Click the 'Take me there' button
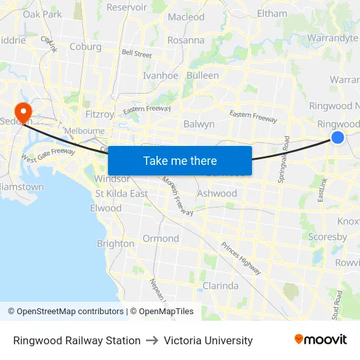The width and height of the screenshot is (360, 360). click(x=180, y=160)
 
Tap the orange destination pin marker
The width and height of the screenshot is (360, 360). click(x=24, y=113)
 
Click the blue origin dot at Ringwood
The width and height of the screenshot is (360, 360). click(x=338, y=137)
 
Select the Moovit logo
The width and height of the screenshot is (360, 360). click(x=321, y=339)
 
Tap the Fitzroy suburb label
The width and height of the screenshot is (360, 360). click(x=99, y=114)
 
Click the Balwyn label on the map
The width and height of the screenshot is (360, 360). click(x=199, y=124)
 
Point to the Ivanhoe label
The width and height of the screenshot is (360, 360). click(x=160, y=75)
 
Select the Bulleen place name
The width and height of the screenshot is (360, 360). click(x=203, y=75)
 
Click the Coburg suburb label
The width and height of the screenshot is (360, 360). click(x=85, y=46)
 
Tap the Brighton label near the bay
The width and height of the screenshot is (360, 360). click(x=115, y=243)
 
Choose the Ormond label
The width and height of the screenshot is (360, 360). click(x=160, y=238)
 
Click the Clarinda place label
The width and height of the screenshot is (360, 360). click(x=221, y=286)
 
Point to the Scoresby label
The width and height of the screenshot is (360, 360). click(x=327, y=237)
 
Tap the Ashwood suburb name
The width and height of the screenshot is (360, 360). click(x=217, y=194)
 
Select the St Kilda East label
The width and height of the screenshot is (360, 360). click(x=122, y=194)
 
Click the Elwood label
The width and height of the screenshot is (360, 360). click(x=105, y=208)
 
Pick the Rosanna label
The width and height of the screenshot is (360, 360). click(x=186, y=40)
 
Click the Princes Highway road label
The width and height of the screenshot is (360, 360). click(x=240, y=257)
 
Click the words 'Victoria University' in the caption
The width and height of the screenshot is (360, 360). click(x=208, y=340)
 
